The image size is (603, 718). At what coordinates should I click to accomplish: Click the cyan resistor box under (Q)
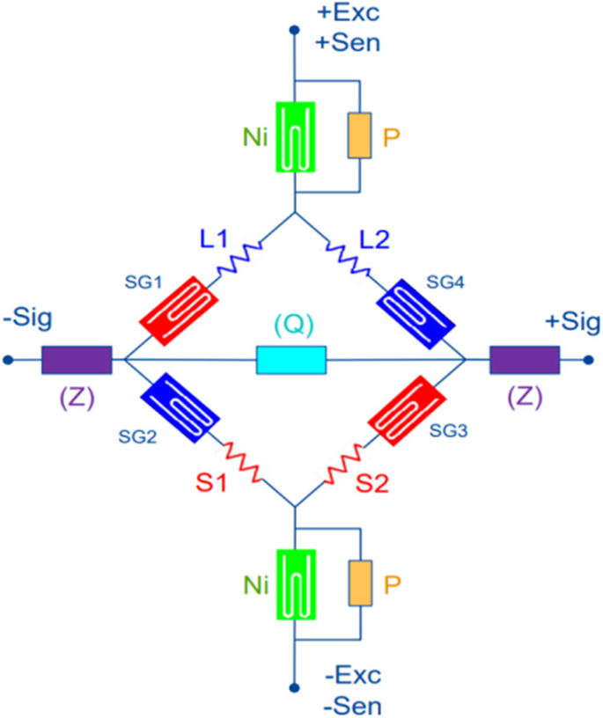tap(291, 360)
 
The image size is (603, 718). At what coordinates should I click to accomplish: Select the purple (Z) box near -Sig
tap(76, 360)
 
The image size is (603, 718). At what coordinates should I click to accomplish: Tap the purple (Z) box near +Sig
tap(525, 360)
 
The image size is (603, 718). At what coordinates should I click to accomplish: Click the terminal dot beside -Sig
tap(8, 360)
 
